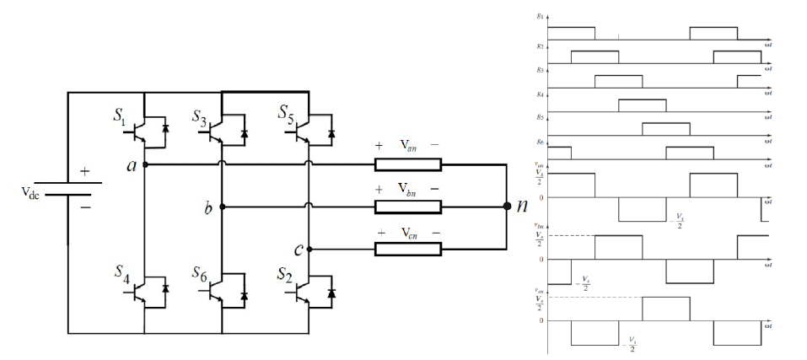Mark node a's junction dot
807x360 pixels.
click(x=145, y=164)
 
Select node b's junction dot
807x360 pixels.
click(x=222, y=207)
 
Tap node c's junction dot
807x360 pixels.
click(x=309, y=249)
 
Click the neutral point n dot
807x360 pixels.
click(x=507, y=206)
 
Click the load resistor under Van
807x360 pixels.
click(x=407, y=164)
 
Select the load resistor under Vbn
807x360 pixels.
click(x=407, y=207)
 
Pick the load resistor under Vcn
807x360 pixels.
click(x=407, y=249)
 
